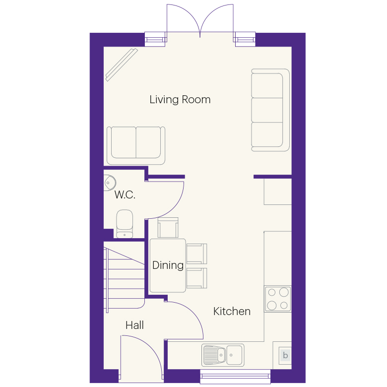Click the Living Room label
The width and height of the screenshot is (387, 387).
pyautogui.click(x=180, y=100)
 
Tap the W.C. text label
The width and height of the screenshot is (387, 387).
pyautogui.click(x=125, y=194)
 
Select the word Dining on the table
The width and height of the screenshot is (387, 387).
pyautogui.click(x=168, y=265)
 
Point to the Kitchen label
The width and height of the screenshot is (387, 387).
pyautogui.click(x=232, y=311)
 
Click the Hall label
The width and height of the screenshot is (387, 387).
pyautogui.click(x=134, y=325)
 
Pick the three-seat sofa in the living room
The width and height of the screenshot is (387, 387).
pyautogui.click(x=270, y=110)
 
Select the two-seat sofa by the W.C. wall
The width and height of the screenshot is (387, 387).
pyautogui.click(x=136, y=145)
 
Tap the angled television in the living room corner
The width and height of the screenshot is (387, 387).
pyautogui.click(x=122, y=64)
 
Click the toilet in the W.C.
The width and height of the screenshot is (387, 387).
pyautogui.click(x=125, y=224)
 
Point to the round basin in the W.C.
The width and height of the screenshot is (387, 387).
pyautogui.click(x=110, y=183)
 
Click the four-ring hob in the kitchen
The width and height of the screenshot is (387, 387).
pyautogui.click(x=278, y=299)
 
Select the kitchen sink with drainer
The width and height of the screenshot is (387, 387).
pyautogui.click(x=223, y=355)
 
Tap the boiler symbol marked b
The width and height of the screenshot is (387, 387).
pyautogui.click(x=285, y=355)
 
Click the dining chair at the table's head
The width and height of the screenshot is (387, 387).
pyautogui.click(x=168, y=228)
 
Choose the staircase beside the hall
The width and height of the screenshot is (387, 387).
pyautogui.click(x=124, y=277)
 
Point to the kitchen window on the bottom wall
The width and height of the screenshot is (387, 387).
pyautogui.click(x=235, y=377)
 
